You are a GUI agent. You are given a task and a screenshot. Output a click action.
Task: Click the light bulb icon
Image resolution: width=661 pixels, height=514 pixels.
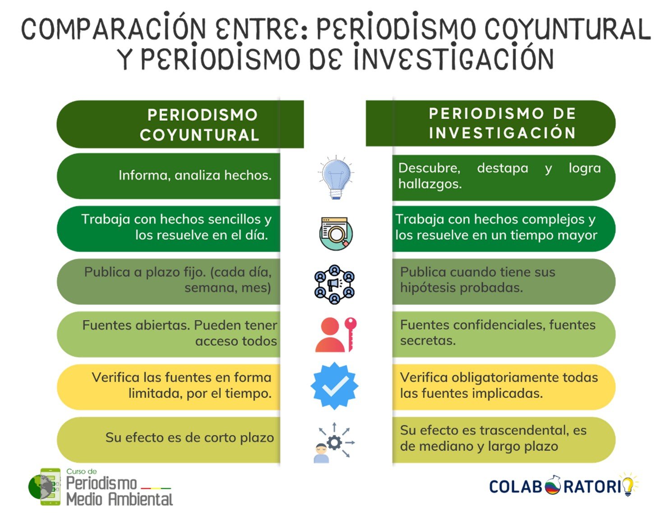tap(335, 178)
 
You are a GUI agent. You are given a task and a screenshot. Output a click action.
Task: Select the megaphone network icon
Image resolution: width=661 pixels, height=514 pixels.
tap(334, 285)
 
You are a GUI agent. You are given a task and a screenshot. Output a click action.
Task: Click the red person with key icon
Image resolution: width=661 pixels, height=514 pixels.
tap(336, 335)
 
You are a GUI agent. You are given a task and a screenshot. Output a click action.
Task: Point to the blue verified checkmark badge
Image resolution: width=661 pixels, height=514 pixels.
tap(334, 386)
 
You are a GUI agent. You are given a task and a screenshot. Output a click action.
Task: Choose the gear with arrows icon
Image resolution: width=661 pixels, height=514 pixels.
tap(334, 442)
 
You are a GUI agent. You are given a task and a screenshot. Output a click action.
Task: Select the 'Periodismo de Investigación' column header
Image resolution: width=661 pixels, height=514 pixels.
tap(502, 123)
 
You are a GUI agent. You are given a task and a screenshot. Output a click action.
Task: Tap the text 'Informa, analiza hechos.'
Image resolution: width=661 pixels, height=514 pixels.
tap(195, 175)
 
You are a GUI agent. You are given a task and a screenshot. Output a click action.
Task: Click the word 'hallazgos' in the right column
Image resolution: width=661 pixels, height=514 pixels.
tap(430, 184)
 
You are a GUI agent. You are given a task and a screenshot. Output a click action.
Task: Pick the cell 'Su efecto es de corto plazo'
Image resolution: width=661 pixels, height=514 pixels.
tap(190, 438)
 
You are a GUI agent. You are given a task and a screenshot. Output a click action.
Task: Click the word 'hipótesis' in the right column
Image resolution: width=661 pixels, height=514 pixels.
tap(429, 288)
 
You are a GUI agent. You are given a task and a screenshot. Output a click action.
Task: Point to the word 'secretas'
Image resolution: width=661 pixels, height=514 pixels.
tap(427, 341)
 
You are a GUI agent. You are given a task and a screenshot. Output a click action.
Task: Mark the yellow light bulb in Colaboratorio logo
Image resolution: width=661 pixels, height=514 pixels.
tap(628, 485)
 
